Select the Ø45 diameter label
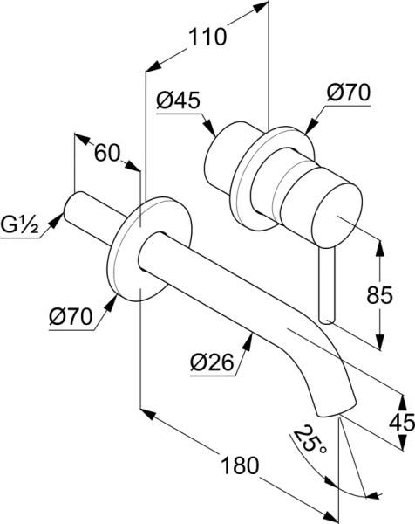click(x=178, y=100)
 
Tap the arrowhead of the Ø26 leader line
click(x=253, y=343)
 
